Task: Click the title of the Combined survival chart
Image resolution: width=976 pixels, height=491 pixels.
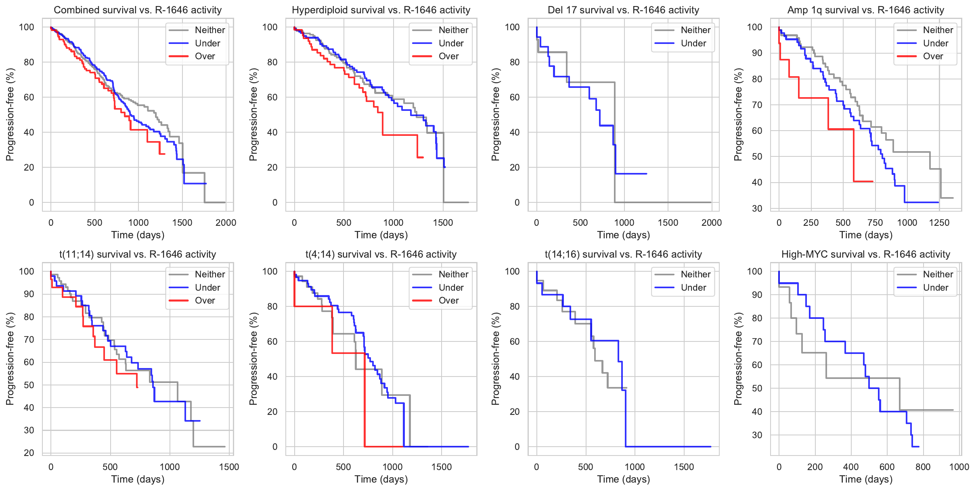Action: (138, 10)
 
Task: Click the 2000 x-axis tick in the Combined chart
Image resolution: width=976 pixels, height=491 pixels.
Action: (226, 223)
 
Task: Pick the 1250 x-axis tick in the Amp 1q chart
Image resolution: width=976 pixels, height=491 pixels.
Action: (939, 223)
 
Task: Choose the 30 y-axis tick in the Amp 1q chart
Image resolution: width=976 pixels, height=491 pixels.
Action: (757, 208)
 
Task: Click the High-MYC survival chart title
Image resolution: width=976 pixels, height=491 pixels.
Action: (866, 254)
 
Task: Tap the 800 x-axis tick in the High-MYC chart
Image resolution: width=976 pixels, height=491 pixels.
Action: (923, 467)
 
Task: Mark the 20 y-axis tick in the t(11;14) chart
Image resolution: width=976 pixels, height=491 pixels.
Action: (29, 453)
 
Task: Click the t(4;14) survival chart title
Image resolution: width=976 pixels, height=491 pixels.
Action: (381, 254)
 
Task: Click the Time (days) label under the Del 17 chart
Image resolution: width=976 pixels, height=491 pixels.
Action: (624, 235)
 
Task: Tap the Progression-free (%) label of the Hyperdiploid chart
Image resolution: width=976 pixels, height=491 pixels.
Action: (253, 114)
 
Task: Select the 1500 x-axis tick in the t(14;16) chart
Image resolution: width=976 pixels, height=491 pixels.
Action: (684, 467)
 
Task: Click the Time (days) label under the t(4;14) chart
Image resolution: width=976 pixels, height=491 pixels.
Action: (381, 479)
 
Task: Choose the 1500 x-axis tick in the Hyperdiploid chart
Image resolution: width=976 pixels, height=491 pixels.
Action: (443, 223)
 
